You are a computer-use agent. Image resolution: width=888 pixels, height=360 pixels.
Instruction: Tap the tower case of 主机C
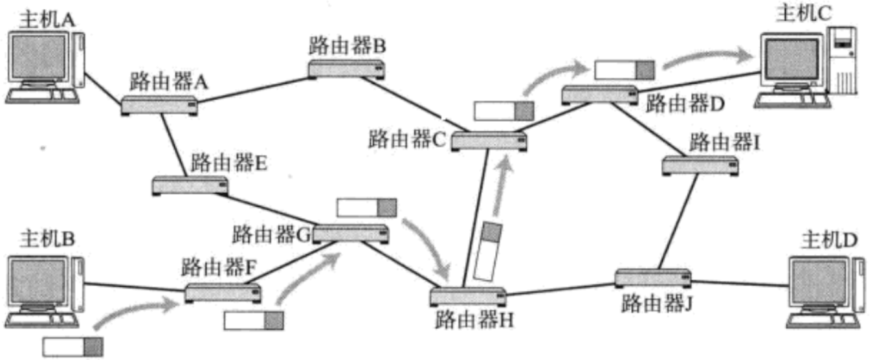pyautogui.click(x=841, y=62)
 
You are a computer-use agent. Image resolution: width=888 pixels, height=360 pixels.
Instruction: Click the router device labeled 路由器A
pyautogui.click(x=159, y=106)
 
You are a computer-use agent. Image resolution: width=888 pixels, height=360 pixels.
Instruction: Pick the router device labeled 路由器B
pyautogui.click(x=347, y=69)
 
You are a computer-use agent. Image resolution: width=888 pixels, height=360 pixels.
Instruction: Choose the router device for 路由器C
pyautogui.click(x=488, y=141)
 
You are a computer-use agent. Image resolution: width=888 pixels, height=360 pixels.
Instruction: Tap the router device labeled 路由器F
pyautogui.click(x=223, y=292)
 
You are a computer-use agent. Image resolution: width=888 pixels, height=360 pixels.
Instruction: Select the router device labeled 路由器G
pyautogui.click(x=351, y=234)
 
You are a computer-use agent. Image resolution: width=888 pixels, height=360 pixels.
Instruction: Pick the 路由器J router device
pyautogui.click(x=652, y=278)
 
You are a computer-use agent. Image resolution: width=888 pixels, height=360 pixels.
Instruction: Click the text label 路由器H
pyautogui.click(x=475, y=319)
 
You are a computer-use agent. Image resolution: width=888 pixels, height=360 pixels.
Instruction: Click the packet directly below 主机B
pyautogui.click(x=73, y=346)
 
